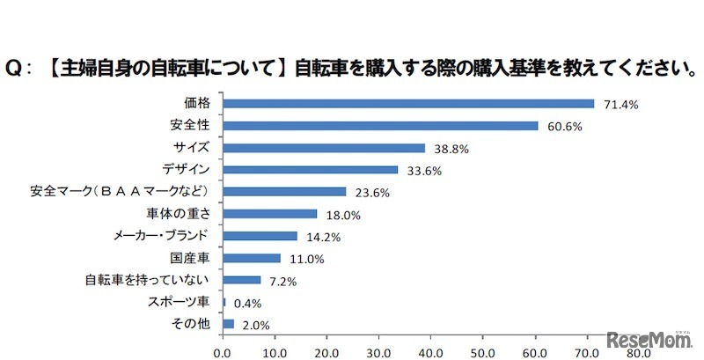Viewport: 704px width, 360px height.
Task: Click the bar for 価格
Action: (x=408, y=104)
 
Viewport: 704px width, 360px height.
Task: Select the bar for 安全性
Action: (x=380, y=126)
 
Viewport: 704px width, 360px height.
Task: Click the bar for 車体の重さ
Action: (x=270, y=214)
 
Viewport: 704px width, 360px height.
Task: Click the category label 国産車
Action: (x=189, y=258)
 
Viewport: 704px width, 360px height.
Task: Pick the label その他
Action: (x=190, y=325)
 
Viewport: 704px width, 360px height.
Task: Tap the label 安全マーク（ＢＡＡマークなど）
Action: (x=119, y=192)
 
